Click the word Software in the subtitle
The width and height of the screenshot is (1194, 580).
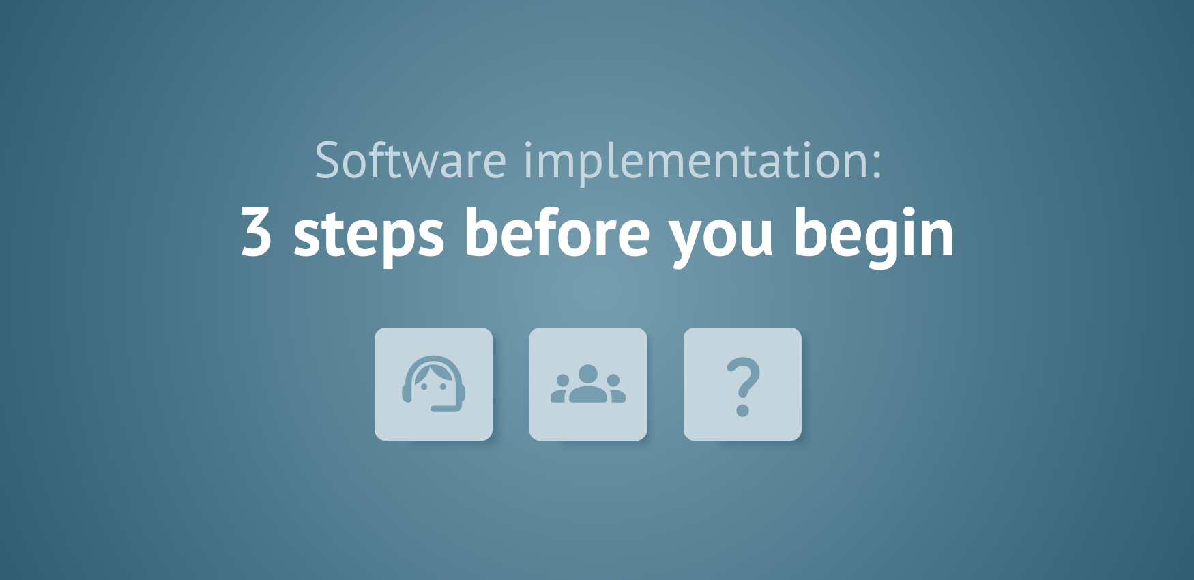pyautogui.click(x=410, y=161)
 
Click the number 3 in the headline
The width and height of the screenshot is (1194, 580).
pyautogui.click(x=257, y=233)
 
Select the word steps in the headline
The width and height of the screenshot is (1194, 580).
pyautogui.click(x=368, y=234)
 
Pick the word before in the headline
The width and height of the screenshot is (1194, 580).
pyautogui.click(x=557, y=233)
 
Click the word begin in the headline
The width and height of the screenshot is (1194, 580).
pyautogui.click(x=873, y=234)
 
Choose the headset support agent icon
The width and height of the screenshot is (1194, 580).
pyautogui.click(x=433, y=384)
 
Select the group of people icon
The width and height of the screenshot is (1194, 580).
pyautogui.click(x=588, y=384)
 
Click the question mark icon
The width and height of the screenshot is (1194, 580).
pyautogui.click(x=742, y=384)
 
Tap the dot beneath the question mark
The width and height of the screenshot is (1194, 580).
pyautogui.click(x=743, y=410)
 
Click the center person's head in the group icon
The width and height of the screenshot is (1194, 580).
pyautogui.click(x=588, y=373)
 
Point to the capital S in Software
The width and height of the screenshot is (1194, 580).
pyautogui.click(x=328, y=161)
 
